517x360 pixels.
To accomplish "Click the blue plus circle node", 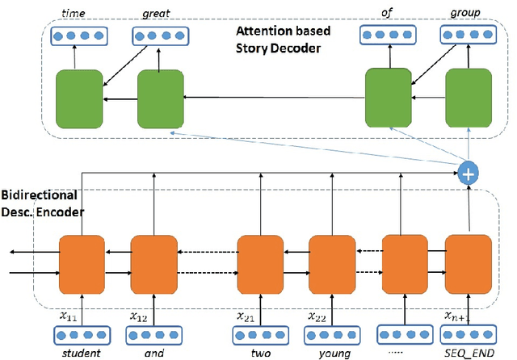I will pos(468,171).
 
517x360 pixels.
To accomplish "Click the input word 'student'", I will pos(81,351).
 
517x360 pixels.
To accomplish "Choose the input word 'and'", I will pos(153,351).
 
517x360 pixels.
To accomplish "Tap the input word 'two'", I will pos(260,351).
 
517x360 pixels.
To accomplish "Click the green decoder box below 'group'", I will pos(469,98).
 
